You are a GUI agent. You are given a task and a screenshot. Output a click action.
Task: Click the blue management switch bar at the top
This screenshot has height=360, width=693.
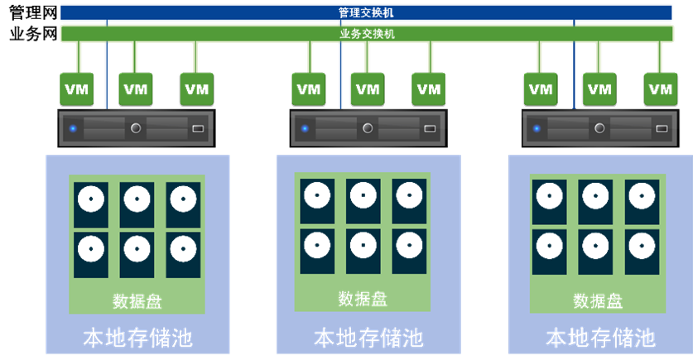(364, 12)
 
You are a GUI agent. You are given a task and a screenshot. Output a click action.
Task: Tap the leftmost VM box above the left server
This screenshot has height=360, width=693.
(79, 89)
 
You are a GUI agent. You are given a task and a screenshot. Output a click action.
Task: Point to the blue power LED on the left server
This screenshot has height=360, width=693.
(73, 128)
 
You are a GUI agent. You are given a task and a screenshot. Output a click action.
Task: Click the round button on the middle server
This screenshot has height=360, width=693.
(368, 128)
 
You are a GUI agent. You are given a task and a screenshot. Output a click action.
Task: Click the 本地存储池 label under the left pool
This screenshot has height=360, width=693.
(137, 338)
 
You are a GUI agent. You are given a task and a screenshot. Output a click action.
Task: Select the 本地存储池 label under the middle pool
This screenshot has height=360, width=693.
(368, 338)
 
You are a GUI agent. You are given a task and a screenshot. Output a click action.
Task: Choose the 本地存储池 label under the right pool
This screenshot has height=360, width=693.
(599, 338)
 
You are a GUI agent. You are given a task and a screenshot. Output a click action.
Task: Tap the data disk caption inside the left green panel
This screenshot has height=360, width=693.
(137, 300)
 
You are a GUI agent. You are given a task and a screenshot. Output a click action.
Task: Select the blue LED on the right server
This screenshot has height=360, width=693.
(537, 128)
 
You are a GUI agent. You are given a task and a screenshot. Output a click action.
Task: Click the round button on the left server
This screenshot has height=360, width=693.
(136, 128)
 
